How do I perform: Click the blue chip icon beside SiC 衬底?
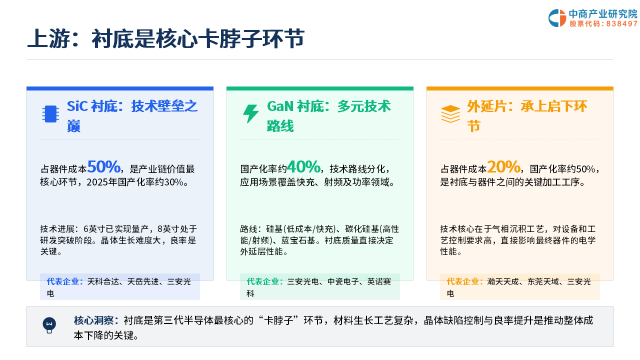coord(50,114)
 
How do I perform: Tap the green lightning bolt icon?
coord(251,113)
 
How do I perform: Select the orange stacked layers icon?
coord(450,114)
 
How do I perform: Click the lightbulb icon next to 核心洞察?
coord(49,325)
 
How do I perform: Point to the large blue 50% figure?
coord(103,166)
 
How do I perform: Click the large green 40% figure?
coord(303,166)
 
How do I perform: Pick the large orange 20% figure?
coord(503,166)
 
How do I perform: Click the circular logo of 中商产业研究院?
coord(557,18)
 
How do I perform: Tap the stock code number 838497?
coord(622,23)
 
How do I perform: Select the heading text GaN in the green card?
coord(280,106)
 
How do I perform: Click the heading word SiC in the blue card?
coord(77,106)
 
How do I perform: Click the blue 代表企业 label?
coord(63,281)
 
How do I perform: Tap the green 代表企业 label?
coord(263,281)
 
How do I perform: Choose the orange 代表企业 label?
coord(463,281)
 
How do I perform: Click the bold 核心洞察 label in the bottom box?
coord(94,320)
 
